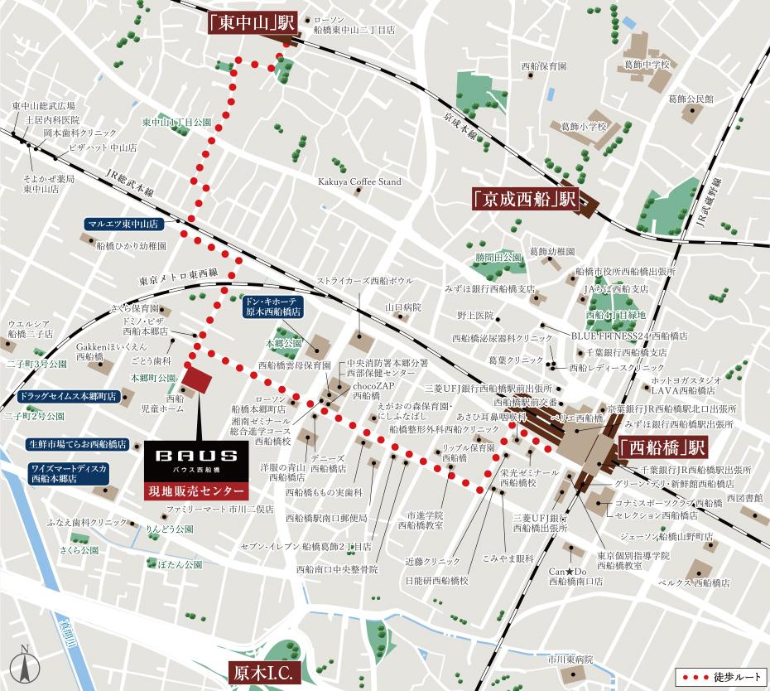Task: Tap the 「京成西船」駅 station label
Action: click(x=524, y=200)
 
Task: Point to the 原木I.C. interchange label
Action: click(x=263, y=672)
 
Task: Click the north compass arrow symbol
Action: click(x=26, y=663)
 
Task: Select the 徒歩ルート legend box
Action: click(x=716, y=677)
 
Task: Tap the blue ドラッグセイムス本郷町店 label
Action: click(x=68, y=397)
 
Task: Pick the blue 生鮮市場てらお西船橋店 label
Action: click(x=77, y=444)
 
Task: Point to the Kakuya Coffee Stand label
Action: click(x=359, y=181)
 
